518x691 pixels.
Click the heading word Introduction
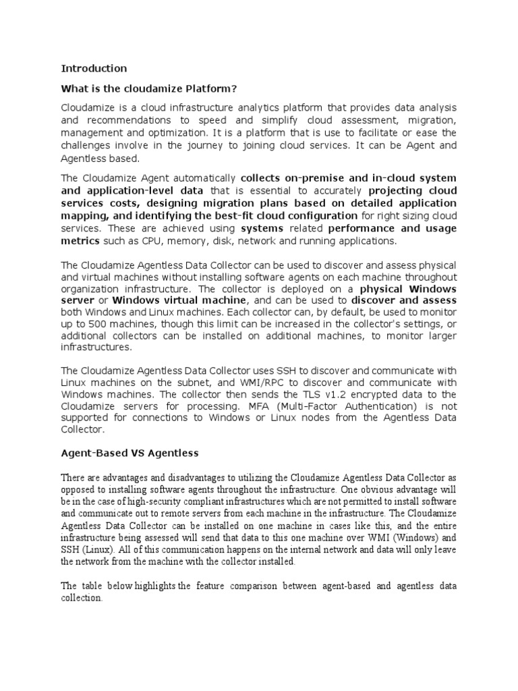point(94,68)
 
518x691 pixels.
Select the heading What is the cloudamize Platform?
point(149,88)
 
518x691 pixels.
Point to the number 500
point(87,324)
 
